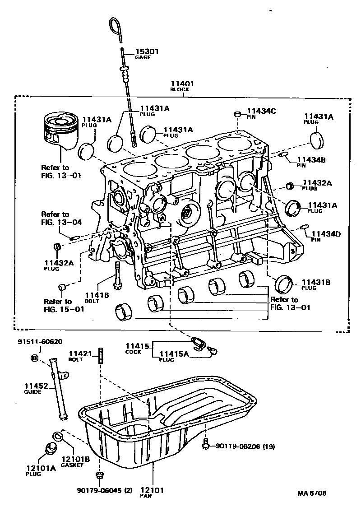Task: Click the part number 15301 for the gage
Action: [x=147, y=52]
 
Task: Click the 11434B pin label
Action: [x=311, y=159]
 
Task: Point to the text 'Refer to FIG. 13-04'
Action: [x=55, y=218]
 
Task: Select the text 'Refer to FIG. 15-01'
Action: [x=58, y=305]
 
